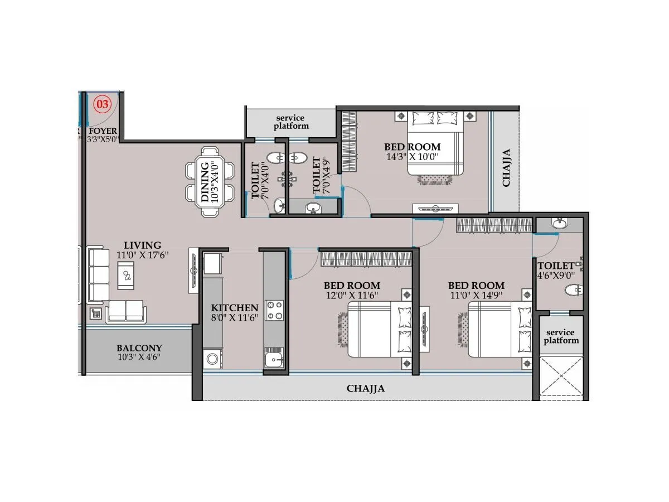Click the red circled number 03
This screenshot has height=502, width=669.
[x=103, y=103]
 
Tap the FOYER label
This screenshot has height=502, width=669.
[x=103, y=131]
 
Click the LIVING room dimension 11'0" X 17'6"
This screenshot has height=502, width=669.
[x=143, y=254]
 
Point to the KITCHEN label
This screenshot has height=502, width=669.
[x=234, y=308]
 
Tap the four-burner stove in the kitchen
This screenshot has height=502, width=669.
[x=274, y=310]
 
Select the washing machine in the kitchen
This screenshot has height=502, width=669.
[x=212, y=358]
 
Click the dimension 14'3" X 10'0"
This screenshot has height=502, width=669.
[x=413, y=157]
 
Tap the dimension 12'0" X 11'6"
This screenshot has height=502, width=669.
[x=352, y=295]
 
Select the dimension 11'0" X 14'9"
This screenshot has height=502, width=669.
[x=476, y=295]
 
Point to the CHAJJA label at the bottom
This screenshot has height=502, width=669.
[x=366, y=389]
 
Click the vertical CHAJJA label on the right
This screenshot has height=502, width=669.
[x=506, y=167]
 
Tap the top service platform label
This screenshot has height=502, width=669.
[x=290, y=122]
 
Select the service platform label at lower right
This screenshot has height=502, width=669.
[x=561, y=336]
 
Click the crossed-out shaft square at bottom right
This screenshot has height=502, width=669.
[x=561, y=377]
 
